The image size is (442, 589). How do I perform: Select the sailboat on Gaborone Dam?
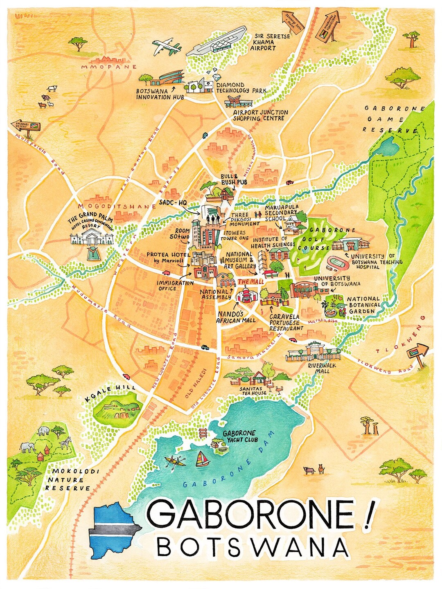pos(201,459)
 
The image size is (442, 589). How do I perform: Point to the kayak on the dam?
pos(175,462)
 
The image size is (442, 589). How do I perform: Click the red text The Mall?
pos(251,282)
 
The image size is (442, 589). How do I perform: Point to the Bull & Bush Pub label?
pos(234,179)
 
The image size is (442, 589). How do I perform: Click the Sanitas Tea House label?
pos(254,391)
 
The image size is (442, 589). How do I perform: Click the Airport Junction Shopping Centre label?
pos(261,115)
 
